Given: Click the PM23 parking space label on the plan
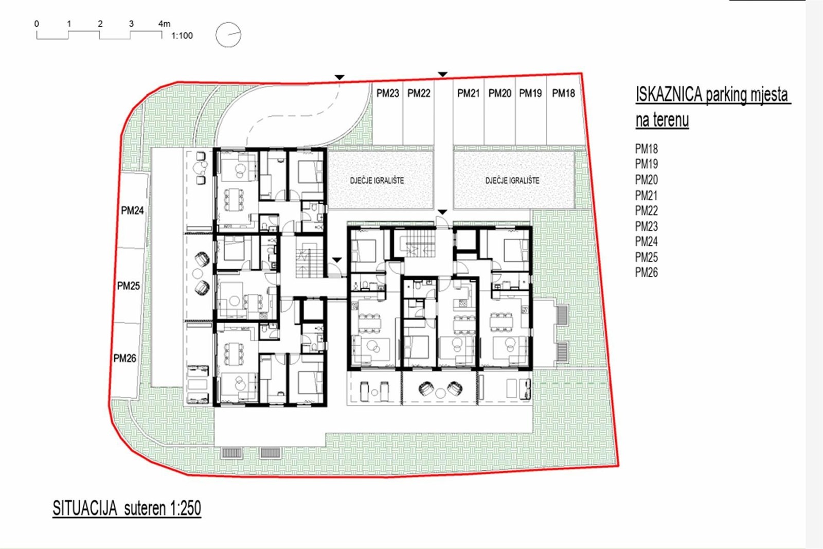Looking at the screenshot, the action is pyautogui.click(x=388, y=93).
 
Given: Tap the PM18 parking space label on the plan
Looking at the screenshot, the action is pyautogui.click(x=563, y=93).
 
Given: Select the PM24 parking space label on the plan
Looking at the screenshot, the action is pyautogui.click(x=132, y=210).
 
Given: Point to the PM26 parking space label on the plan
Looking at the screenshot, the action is pyautogui.click(x=124, y=358).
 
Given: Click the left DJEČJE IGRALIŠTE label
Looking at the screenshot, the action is pyautogui.click(x=377, y=181).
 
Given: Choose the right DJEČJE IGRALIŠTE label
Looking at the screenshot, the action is pyautogui.click(x=512, y=181).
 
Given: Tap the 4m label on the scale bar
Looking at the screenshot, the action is pyautogui.click(x=164, y=24).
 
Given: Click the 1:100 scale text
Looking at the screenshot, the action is pyautogui.click(x=182, y=36).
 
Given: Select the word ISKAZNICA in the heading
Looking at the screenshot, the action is pyautogui.click(x=669, y=95).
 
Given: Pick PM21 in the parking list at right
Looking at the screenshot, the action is pyautogui.click(x=646, y=195).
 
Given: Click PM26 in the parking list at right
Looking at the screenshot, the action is pyautogui.click(x=646, y=272).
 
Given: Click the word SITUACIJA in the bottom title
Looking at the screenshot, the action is pyautogui.click(x=85, y=508).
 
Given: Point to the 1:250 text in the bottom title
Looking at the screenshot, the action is pyautogui.click(x=186, y=508).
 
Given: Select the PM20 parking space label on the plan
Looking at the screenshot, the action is pyautogui.click(x=499, y=93).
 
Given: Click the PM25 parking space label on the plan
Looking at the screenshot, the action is pyautogui.click(x=128, y=286).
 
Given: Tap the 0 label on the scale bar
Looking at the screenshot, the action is pyautogui.click(x=37, y=24).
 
